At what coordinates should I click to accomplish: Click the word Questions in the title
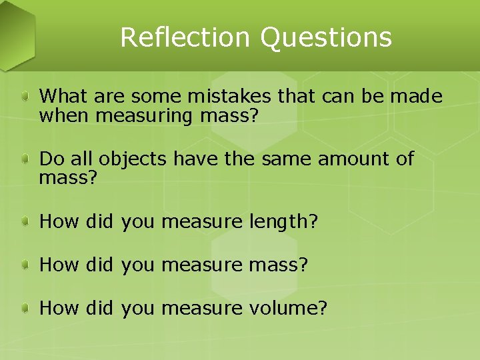click(326, 38)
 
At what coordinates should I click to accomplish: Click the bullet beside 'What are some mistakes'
click(25, 97)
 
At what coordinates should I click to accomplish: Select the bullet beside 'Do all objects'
click(25, 160)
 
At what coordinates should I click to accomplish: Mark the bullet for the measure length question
click(25, 222)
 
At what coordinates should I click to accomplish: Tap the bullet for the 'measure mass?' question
click(25, 265)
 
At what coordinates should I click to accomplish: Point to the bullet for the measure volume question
click(25, 308)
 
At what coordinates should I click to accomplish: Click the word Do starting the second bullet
click(49, 160)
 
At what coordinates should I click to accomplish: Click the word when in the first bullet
click(65, 116)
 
